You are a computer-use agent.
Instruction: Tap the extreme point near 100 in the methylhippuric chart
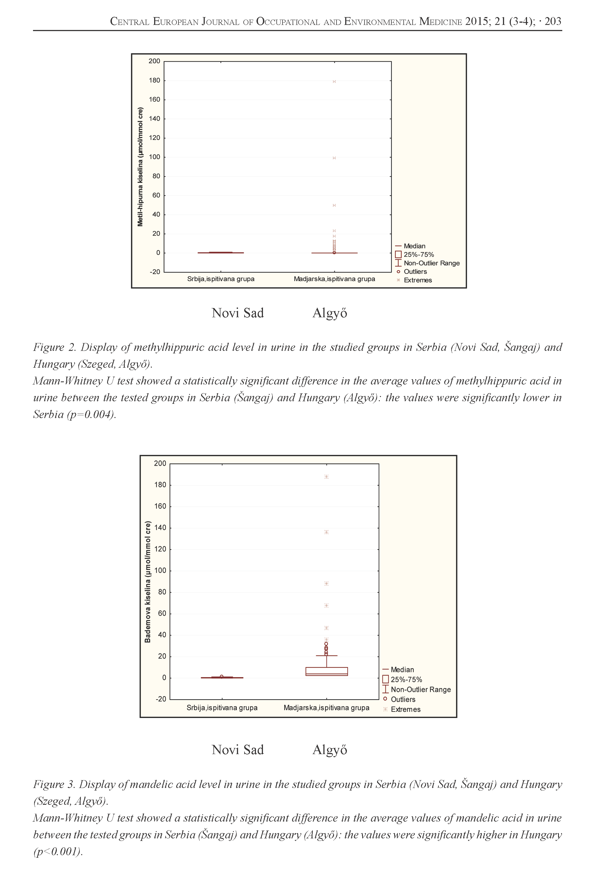tap(334, 158)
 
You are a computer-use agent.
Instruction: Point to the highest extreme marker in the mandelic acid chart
tap(326, 477)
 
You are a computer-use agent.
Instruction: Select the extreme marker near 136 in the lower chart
tap(326, 532)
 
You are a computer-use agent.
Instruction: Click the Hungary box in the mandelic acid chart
tap(326, 672)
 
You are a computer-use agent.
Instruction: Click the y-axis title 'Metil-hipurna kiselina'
tap(140, 167)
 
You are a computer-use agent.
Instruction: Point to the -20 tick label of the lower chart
tap(161, 699)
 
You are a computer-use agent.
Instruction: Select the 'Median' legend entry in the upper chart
tap(414, 246)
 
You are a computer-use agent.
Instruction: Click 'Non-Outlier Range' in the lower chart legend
tap(420, 689)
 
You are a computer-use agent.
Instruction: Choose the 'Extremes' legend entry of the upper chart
tap(417, 280)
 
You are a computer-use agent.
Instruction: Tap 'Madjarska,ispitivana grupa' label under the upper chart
tap(334, 279)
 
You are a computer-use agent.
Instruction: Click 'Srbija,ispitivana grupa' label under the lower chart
tap(222, 708)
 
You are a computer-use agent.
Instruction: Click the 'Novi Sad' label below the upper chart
tap(237, 313)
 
